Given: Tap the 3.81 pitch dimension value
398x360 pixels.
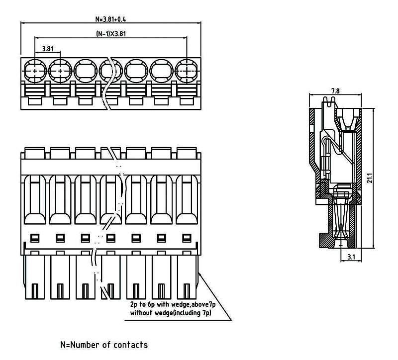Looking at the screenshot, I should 48,49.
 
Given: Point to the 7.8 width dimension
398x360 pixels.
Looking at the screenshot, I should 335,91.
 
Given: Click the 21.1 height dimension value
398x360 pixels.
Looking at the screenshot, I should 369,179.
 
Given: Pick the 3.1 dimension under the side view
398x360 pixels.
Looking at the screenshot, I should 351,257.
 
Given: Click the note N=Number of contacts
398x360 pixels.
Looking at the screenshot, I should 104,345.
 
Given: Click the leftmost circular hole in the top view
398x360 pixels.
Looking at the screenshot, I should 35,71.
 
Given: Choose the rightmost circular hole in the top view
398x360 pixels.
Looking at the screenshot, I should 187,71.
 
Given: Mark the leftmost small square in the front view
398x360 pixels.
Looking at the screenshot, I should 35,237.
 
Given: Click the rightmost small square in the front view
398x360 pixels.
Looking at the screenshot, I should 187,237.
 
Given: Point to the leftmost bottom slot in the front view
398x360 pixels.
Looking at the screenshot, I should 35,290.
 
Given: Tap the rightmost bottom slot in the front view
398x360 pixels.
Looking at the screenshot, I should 187,290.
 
